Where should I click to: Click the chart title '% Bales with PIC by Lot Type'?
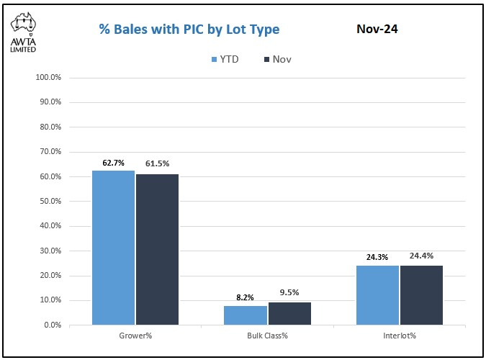click(189, 30)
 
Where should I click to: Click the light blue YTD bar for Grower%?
click(113, 248)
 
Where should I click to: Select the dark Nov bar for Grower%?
click(157, 249)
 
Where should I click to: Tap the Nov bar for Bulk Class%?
click(289, 313)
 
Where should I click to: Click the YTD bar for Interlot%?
click(378, 295)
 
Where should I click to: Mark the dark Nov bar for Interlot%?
click(422, 295)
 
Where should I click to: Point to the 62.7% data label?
click(114, 163)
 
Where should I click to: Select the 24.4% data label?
click(421, 256)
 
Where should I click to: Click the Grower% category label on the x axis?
click(135, 336)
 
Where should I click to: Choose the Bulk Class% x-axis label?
click(267, 336)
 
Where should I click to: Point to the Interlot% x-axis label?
click(400, 336)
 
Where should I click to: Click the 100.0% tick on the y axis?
click(48, 77)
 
